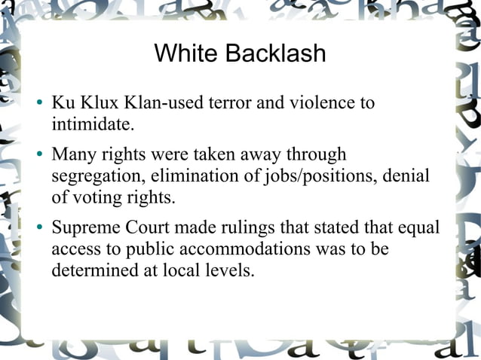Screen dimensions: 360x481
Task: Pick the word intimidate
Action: [x=91, y=122]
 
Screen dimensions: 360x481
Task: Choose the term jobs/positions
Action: [x=316, y=175]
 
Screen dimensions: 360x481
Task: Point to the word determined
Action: [x=90, y=268]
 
